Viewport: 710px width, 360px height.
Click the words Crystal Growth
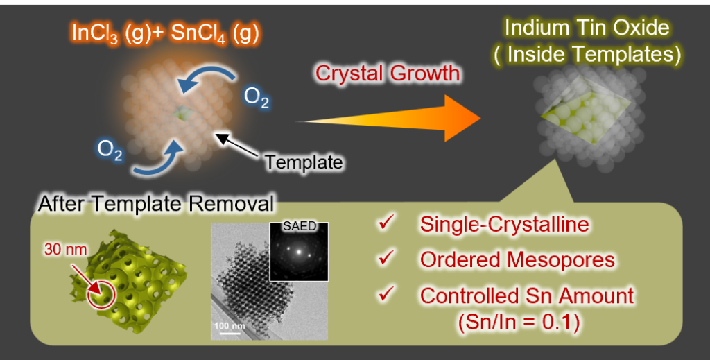379,73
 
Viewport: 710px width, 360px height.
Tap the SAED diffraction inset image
298,252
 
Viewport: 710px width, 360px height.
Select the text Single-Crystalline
504,225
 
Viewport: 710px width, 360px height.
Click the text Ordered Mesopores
517,259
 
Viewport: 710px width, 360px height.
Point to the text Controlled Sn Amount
526,295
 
